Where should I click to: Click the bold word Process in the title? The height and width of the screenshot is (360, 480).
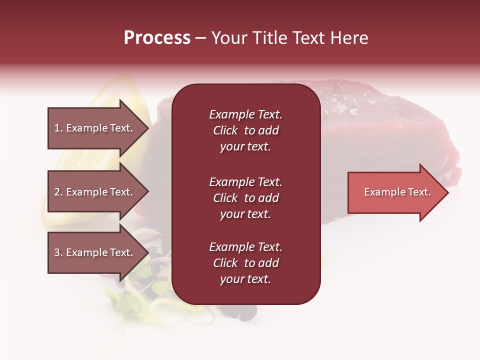coord(157,38)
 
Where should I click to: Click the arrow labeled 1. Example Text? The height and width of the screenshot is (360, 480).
coord(95,128)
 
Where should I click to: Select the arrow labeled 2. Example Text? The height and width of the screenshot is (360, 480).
coord(95,192)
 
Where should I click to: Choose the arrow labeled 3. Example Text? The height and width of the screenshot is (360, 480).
coord(95,252)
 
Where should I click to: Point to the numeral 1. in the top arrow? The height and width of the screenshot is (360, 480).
coord(58,128)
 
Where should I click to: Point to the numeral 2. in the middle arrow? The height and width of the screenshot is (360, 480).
coord(58,192)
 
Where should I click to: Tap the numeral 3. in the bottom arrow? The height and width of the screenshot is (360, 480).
coord(58,252)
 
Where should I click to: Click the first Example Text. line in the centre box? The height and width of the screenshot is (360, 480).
coord(245,114)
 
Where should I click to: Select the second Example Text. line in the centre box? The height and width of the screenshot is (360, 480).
coord(245,182)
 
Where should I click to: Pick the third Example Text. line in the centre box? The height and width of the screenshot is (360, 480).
coord(245,247)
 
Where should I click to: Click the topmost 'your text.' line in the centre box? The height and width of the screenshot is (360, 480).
coord(245,147)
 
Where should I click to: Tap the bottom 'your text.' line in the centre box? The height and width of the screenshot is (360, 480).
coord(245,279)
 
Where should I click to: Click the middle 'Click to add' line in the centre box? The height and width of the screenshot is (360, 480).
coord(245,198)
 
